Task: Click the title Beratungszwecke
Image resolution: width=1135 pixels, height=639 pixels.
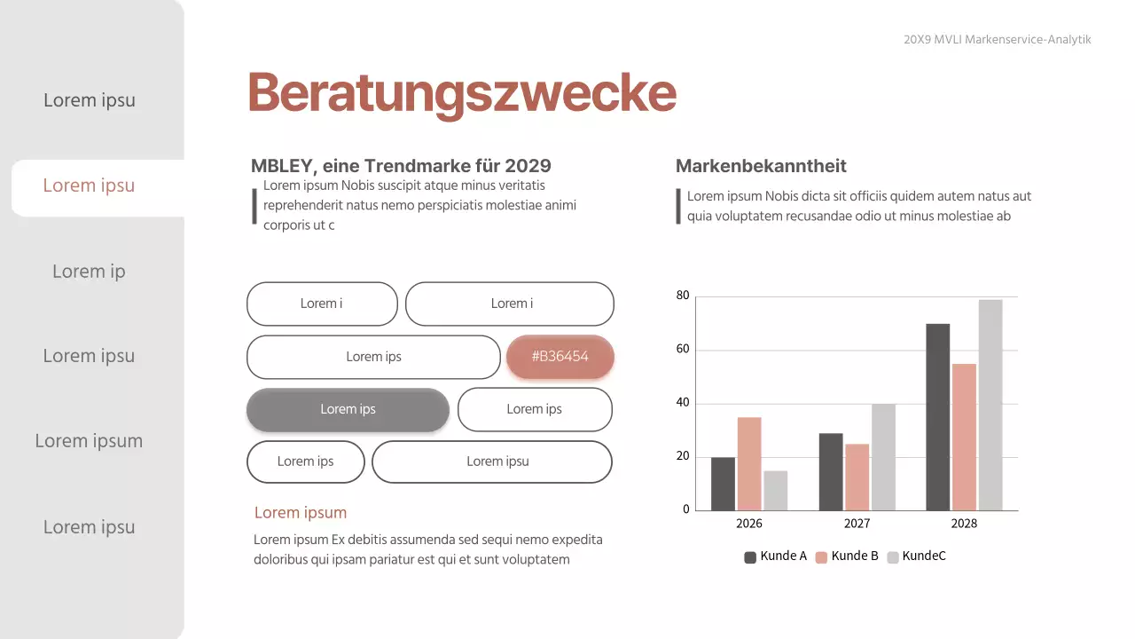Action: click(x=461, y=92)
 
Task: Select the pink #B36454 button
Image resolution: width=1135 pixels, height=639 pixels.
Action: click(x=560, y=357)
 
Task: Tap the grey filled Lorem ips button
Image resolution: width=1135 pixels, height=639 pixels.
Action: click(x=348, y=410)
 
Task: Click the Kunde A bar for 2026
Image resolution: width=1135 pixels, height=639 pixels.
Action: click(x=723, y=484)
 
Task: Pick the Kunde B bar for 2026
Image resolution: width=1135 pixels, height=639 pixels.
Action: click(x=749, y=463)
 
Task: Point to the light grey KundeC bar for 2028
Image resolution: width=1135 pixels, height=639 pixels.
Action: click(x=990, y=405)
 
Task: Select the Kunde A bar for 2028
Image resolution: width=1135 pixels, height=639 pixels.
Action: click(x=937, y=417)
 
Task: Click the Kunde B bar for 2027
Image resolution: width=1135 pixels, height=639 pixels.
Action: click(x=857, y=477)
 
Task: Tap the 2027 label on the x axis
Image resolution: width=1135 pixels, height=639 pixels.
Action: click(x=857, y=524)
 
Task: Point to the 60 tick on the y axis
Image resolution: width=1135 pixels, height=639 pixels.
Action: click(x=683, y=350)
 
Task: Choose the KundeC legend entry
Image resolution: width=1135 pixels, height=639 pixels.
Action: click(x=917, y=556)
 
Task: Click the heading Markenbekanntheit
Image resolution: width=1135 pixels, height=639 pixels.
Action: click(x=761, y=166)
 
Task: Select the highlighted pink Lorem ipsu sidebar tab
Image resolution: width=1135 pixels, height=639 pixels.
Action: click(x=89, y=185)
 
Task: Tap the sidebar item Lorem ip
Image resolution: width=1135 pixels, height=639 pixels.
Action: click(x=89, y=272)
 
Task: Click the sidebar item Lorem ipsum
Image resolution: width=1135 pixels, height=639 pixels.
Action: click(x=89, y=441)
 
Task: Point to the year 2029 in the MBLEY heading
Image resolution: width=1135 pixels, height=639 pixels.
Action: click(x=528, y=166)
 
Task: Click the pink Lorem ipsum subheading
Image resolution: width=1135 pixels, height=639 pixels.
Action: click(x=301, y=513)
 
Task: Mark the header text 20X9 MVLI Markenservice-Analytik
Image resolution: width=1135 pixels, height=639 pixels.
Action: click(x=998, y=40)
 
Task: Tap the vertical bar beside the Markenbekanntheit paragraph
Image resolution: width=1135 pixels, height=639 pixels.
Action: click(x=678, y=206)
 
